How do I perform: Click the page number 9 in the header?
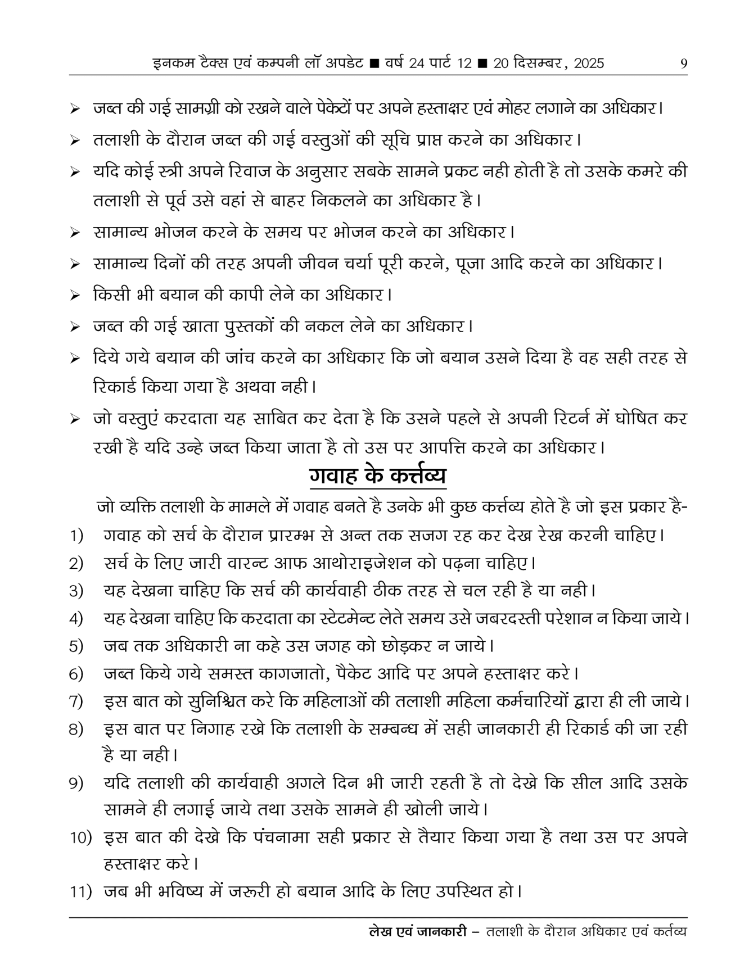point(683,64)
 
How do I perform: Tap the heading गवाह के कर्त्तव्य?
point(377,477)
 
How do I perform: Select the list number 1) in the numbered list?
point(76,536)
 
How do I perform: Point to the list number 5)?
point(76,646)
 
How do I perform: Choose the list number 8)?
point(76,730)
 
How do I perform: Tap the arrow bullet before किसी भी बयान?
point(74,296)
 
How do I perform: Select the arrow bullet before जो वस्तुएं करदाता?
point(74,419)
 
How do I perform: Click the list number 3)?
point(76,591)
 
